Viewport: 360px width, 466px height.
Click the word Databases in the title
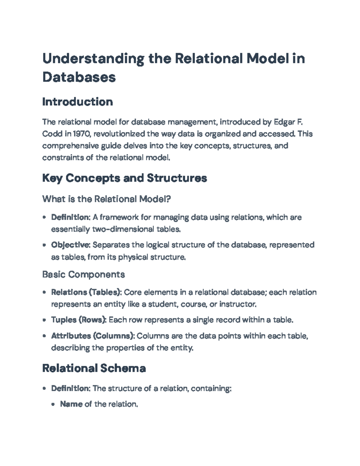[79, 77]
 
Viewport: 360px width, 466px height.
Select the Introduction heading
[77, 102]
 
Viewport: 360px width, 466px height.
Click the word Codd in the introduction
[52, 134]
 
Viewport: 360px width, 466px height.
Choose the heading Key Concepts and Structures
[124, 178]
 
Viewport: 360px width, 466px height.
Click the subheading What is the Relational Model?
[106, 199]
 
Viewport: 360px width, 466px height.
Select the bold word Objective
[70, 245]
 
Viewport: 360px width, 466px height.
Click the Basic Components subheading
[83, 274]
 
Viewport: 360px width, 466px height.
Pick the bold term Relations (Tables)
[86, 292]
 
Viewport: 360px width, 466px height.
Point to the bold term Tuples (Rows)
[79, 320]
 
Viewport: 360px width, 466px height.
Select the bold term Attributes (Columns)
[93, 336]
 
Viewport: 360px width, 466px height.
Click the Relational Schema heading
[94, 368]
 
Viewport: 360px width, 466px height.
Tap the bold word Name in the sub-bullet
[71, 404]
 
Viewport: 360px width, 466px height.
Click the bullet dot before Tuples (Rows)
[44, 320]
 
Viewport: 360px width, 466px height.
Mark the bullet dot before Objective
[44, 245]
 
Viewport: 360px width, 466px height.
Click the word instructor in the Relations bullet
[238, 304]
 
